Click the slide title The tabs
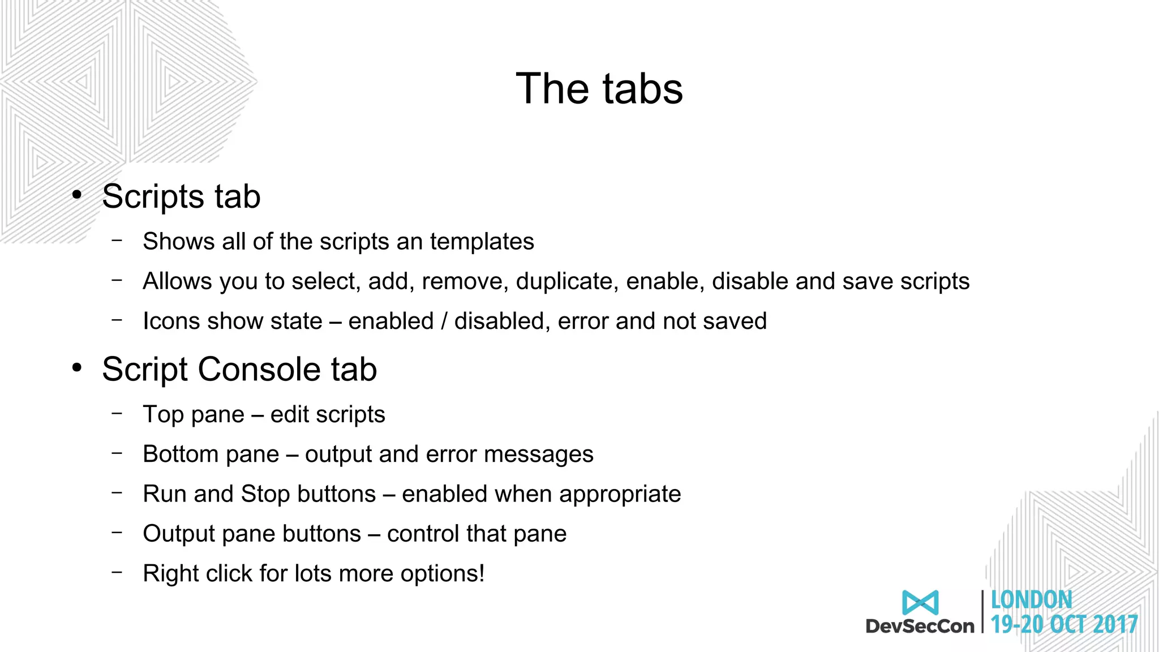(x=599, y=89)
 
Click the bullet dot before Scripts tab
(x=77, y=195)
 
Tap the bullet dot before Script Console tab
(x=77, y=368)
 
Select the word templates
(x=482, y=242)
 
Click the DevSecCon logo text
(x=920, y=626)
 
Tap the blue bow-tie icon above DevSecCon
(x=920, y=602)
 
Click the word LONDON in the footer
(x=1031, y=600)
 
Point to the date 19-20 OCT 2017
(x=1064, y=625)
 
